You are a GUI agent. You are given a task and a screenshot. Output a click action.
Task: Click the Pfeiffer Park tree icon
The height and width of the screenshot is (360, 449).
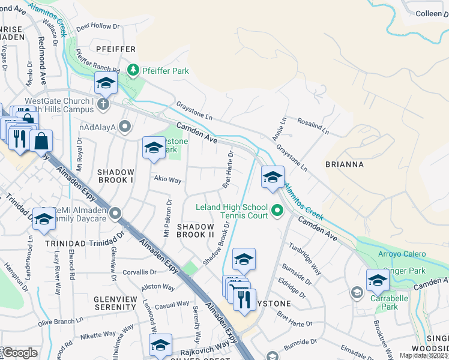pyautogui.click(x=133, y=71)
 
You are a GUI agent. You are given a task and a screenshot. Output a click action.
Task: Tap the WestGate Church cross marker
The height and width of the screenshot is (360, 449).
pyautogui.click(x=103, y=104)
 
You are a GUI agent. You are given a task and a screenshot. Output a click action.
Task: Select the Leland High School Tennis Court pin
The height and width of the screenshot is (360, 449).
pyautogui.click(x=277, y=211)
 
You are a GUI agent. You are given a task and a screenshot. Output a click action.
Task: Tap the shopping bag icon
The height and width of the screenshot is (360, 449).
pyautogui.click(x=41, y=142)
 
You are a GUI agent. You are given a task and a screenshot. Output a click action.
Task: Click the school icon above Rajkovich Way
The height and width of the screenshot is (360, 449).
pyautogui.click(x=160, y=345)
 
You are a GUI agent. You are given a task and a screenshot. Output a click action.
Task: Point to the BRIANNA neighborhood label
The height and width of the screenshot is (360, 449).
pyautogui.click(x=345, y=163)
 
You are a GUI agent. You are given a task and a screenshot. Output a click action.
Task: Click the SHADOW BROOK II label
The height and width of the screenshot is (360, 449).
pyautogui.click(x=195, y=230)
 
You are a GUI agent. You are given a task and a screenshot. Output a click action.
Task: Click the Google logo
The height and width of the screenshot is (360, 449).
pyautogui.click(x=20, y=353)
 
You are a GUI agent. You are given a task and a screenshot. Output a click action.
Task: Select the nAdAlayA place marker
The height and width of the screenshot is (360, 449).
pyautogui.click(x=125, y=126)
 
